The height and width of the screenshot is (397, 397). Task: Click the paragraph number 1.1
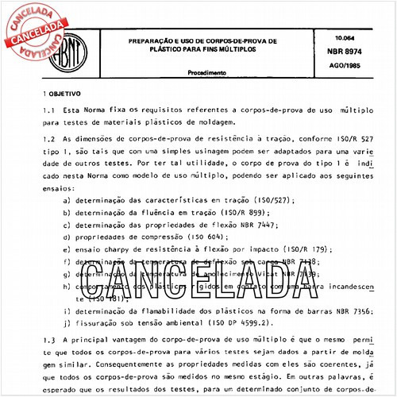[49, 110]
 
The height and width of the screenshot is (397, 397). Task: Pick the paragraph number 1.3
[49, 339]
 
